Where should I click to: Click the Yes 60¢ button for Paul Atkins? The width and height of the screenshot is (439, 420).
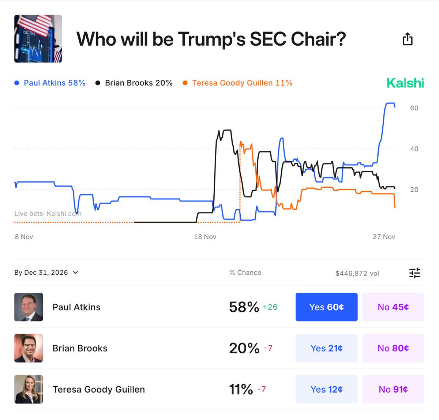[x=326, y=307]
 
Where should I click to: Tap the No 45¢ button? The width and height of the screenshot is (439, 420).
[x=393, y=307]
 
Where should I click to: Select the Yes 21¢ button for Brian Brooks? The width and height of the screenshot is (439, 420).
[x=326, y=348]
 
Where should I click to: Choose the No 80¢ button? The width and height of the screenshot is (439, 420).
[x=393, y=348]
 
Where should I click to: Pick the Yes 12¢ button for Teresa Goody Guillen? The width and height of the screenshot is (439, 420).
[x=326, y=389]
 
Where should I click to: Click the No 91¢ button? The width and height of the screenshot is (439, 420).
[x=393, y=389]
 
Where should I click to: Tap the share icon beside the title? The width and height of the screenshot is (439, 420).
[x=408, y=39]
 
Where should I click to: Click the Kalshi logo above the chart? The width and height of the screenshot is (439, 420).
[x=405, y=83]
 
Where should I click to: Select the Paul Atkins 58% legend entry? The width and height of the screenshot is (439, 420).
[x=50, y=83]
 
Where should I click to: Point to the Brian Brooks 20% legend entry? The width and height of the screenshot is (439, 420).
[x=134, y=83]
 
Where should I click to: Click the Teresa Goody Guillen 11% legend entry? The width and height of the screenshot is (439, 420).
[x=238, y=83]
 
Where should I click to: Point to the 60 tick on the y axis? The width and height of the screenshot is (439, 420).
[x=414, y=108]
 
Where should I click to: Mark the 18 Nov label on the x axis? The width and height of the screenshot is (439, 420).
[x=205, y=237]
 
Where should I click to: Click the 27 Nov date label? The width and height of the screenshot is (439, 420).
[x=384, y=237]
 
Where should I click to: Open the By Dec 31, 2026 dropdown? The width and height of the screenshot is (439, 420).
[x=46, y=273]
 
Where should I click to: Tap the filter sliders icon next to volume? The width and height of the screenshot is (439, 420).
[x=415, y=273]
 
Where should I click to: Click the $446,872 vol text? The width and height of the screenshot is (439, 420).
[x=357, y=273]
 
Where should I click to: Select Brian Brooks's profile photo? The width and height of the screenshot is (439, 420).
[x=29, y=348]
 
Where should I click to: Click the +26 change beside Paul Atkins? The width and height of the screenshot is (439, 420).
[x=270, y=307]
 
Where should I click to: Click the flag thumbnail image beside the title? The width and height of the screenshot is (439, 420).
[x=38, y=39]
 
